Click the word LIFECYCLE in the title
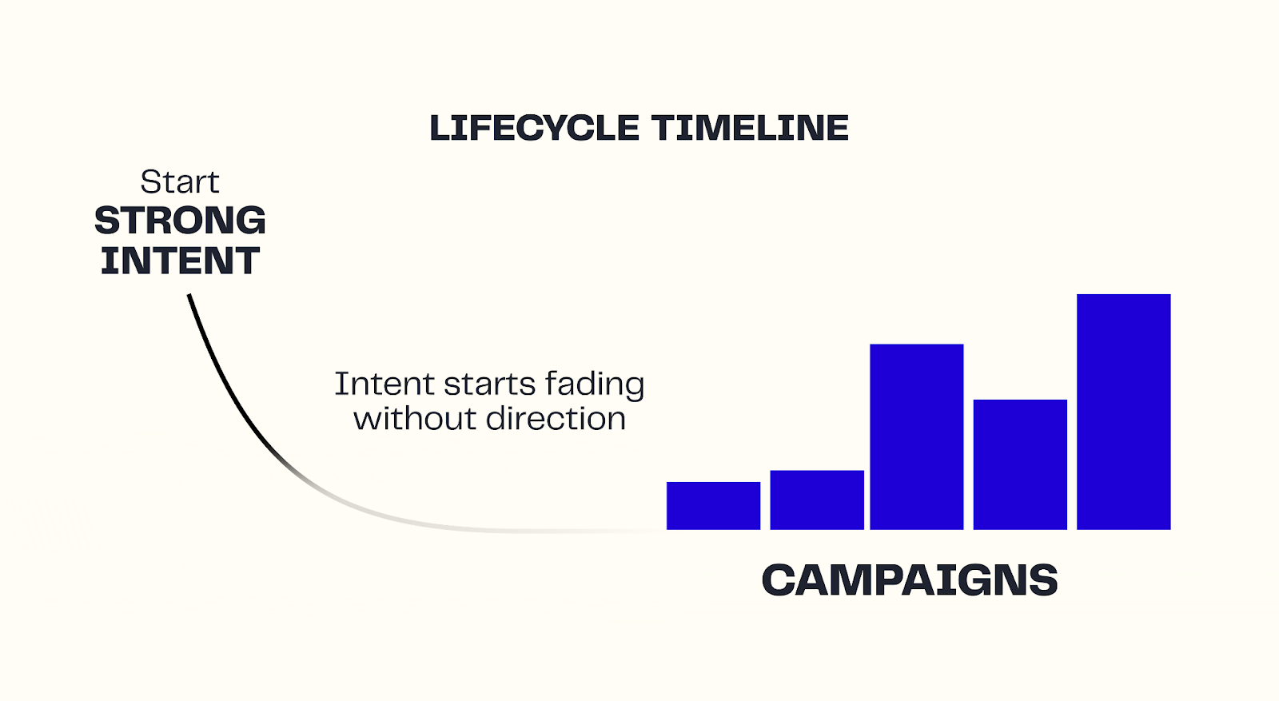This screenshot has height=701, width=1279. tap(534, 128)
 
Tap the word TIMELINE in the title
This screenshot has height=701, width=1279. tap(750, 128)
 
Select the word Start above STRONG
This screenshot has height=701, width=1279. tap(180, 182)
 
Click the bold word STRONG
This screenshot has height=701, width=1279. tap(180, 221)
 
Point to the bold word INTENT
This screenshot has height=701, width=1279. tap(180, 261)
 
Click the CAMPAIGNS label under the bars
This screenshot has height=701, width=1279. tap(909, 580)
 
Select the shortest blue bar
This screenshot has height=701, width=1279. tap(713, 506)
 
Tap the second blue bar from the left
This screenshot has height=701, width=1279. tap(817, 500)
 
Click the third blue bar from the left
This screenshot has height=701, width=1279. tap(917, 437)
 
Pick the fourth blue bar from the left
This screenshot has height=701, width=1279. tap(1020, 464)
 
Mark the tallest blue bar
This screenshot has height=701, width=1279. tap(1123, 412)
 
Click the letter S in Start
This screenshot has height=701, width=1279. tap(149, 182)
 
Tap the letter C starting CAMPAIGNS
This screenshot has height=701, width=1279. tap(779, 580)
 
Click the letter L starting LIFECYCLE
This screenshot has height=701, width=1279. tap(440, 128)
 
